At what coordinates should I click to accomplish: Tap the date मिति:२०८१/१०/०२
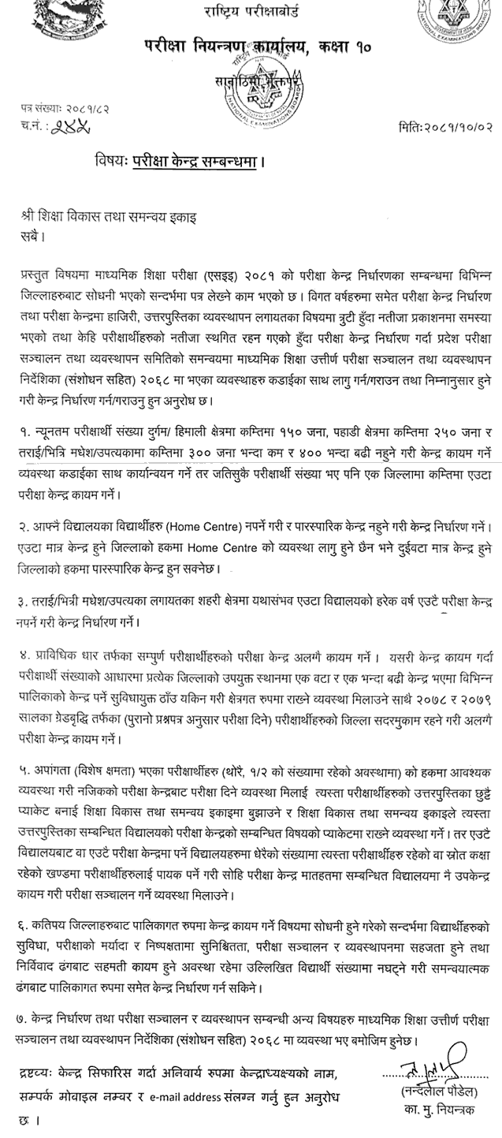[x=446, y=125]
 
